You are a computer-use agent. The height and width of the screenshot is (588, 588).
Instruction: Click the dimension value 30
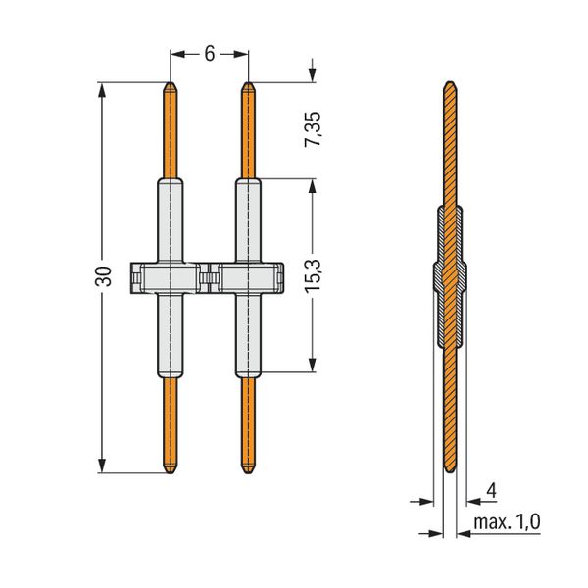[104, 276]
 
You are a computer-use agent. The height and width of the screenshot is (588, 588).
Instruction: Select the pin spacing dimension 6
[210, 54]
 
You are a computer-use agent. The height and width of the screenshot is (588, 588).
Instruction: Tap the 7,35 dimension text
[313, 129]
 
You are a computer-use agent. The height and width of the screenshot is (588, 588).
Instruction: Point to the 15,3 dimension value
[313, 275]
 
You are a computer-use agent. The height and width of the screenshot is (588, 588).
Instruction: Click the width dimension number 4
[491, 491]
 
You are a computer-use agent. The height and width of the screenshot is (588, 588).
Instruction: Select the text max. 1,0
[507, 522]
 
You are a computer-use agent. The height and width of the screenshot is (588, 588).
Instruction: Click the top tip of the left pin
[171, 82]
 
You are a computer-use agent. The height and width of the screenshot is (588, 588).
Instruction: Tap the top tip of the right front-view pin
[248, 82]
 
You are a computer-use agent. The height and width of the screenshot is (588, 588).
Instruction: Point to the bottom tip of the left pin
[171, 473]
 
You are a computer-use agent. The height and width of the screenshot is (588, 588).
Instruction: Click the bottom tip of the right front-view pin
[248, 473]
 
